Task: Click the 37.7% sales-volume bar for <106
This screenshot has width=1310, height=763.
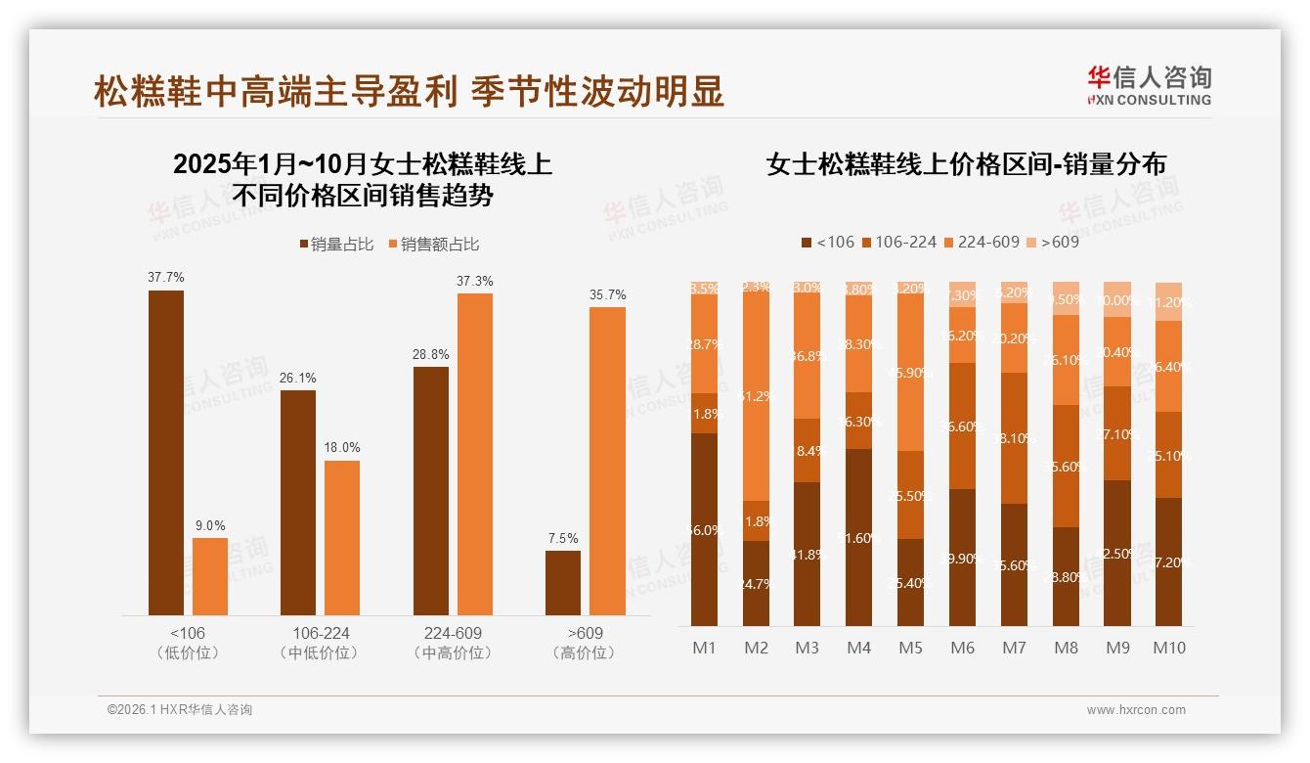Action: click(x=166, y=452)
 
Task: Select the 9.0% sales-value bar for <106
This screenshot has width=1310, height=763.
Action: click(x=210, y=576)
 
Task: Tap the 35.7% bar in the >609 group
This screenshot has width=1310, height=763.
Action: click(x=607, y=461)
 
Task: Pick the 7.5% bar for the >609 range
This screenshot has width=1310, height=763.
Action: click(x=563, y=583)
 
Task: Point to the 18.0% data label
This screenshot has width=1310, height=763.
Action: click(x=342, y=448)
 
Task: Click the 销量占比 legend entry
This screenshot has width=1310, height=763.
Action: click(x=336, y=245)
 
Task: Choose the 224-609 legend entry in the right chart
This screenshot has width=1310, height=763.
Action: click(x=983, y=242)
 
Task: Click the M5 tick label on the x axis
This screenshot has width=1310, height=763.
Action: click(x=910, y=648)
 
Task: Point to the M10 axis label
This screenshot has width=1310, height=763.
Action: click(x=1168, y=648)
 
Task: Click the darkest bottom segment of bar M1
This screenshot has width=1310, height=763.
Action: click(x=704, y=529)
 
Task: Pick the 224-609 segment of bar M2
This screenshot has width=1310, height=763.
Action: click(x=756, y=396)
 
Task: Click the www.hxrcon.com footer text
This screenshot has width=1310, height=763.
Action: click(x=1136, y=710)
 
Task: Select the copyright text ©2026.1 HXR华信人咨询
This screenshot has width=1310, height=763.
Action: click(x=180, y=710)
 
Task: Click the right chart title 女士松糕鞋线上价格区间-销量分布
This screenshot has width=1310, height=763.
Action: click(x=966, y=164)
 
